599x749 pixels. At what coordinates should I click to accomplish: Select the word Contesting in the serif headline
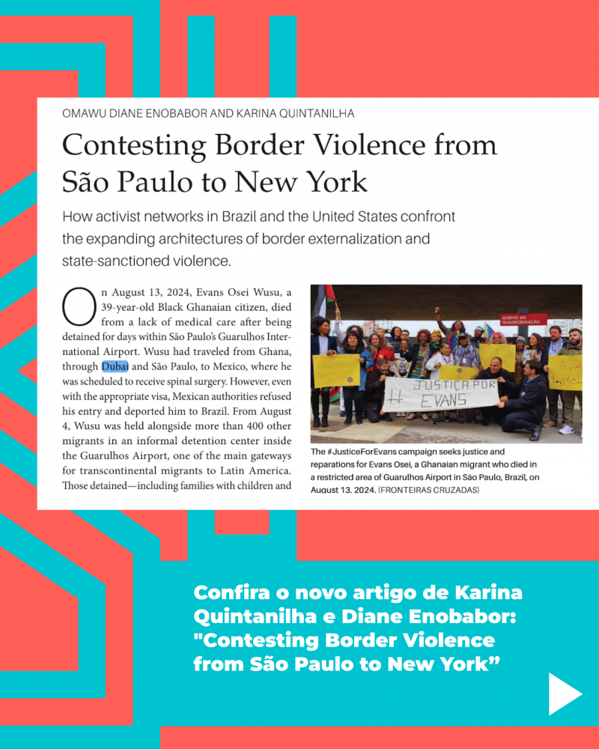point(134,145)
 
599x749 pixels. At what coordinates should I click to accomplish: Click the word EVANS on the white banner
point(443,401)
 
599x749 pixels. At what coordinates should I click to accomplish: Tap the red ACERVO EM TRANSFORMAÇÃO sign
point(523,318)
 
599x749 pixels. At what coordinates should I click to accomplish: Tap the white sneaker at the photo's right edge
point(566,429)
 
